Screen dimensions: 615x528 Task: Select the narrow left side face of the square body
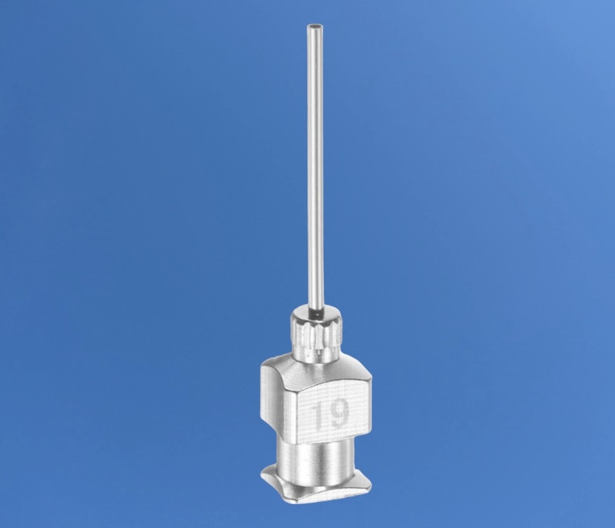275,396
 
